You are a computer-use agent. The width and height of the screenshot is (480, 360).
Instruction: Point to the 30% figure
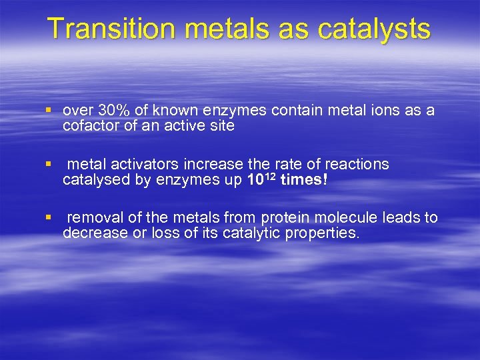[x=111, y=111]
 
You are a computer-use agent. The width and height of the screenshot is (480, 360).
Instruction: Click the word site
[x=222, y=125]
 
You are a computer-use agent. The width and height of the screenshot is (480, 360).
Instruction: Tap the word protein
[x=285, y=217]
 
